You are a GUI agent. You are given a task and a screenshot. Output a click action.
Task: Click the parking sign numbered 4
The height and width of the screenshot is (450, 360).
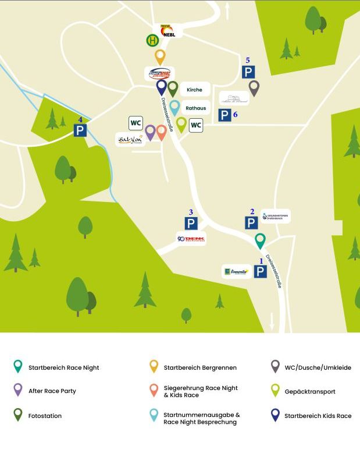80,130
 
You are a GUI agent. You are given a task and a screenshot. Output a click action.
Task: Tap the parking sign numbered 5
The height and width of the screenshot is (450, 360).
248,72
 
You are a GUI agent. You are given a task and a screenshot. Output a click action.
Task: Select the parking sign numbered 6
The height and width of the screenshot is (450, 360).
224,115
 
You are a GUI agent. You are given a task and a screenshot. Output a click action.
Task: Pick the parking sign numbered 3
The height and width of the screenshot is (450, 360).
190,223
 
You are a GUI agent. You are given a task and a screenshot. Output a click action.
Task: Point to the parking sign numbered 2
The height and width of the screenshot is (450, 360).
251,223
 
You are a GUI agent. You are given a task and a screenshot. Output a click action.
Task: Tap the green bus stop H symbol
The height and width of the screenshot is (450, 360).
152,41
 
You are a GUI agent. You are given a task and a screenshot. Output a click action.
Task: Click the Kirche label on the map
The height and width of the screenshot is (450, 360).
195,90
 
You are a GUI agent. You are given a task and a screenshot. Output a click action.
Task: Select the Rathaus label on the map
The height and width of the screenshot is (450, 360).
195,108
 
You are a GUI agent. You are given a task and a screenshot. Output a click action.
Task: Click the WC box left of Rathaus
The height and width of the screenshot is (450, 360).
136,123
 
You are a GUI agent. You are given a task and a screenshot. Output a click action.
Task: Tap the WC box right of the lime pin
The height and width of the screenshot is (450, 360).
196,125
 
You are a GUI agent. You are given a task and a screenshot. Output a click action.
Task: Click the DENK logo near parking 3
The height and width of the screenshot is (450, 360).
191,239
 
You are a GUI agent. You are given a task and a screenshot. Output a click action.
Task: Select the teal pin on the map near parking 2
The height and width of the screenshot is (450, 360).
261,240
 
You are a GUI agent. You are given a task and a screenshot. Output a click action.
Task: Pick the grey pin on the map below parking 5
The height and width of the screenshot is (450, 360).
254,87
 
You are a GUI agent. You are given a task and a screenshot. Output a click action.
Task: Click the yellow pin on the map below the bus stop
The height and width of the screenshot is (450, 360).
160,56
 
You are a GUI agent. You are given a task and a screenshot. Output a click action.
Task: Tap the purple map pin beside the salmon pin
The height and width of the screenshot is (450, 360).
150,132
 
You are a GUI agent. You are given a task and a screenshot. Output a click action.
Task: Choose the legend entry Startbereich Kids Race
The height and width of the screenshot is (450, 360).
318,416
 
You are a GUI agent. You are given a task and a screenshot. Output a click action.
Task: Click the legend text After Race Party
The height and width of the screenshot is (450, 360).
52,391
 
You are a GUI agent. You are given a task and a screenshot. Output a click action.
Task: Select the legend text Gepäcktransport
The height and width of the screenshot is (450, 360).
310,391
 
